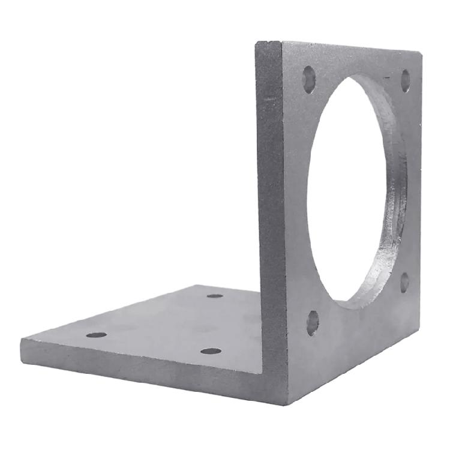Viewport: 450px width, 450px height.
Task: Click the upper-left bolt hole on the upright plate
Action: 309,79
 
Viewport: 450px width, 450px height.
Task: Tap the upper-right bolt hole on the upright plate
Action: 406,80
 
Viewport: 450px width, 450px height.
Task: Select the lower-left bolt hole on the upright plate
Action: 313,323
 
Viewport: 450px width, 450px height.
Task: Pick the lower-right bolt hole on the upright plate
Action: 405,281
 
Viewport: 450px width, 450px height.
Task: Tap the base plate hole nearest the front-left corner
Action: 96,334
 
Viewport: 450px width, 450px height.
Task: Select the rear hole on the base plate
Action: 215,296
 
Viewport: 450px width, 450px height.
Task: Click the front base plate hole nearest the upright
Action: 211,350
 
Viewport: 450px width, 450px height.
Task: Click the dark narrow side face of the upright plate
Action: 270,180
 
